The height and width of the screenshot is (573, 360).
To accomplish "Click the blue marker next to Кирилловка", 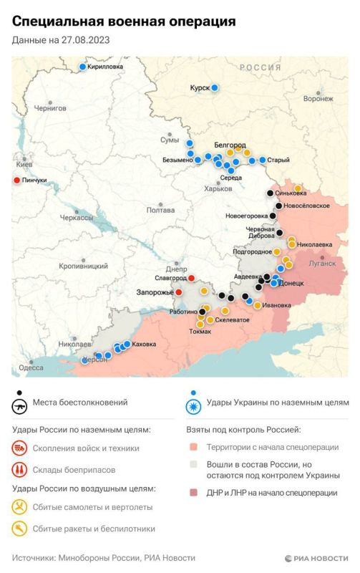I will pos(82,67).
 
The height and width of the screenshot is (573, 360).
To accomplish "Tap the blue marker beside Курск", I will pos(214,88).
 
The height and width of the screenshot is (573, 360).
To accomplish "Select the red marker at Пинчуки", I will pos(17,180).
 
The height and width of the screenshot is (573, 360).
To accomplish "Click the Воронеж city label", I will pos(318,99).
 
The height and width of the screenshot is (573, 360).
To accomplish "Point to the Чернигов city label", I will pos(49,108).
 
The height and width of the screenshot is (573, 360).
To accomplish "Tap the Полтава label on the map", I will pos(160,210).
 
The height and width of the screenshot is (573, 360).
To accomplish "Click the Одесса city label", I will pos(31,367).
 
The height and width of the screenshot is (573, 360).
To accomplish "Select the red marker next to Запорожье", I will pos(179,292).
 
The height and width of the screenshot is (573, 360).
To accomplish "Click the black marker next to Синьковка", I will pos(270,193).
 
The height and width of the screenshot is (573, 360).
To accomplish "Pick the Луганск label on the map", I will pos(321,263).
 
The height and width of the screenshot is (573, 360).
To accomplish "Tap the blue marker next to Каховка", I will pos(127,345).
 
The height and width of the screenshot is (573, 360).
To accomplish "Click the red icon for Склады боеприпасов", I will pos(19,470).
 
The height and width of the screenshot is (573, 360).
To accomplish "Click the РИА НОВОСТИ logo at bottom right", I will pos(316,557).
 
